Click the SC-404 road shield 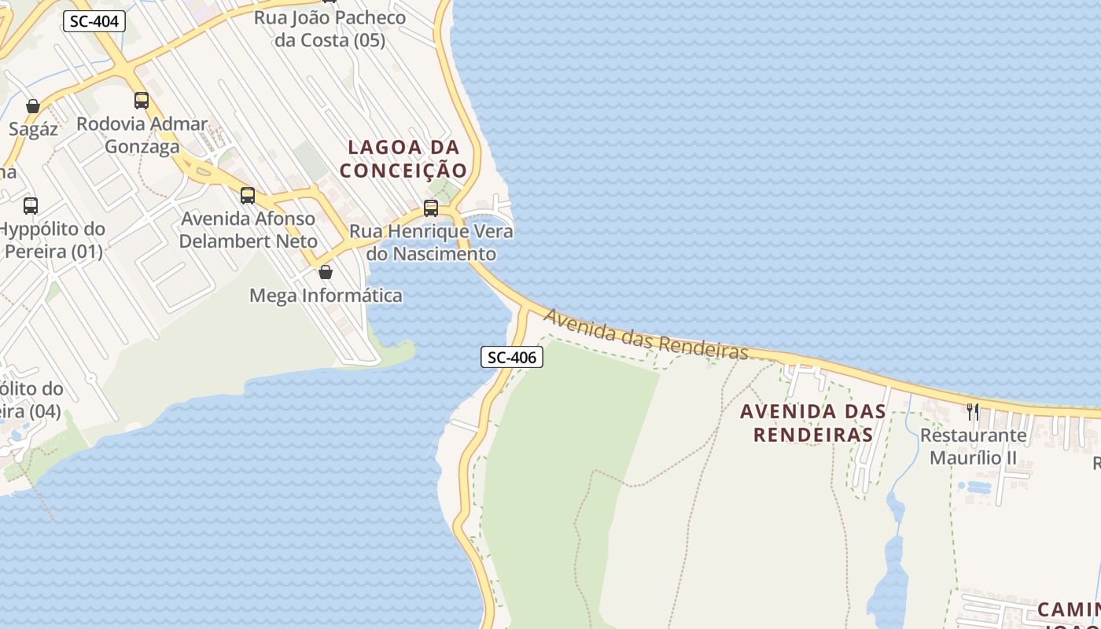pos(94,21)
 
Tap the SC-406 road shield pos(512,358)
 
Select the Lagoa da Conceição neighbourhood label pos(403,159)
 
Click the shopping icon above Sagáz pos(33,106)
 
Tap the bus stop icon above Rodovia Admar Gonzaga pos(142,101)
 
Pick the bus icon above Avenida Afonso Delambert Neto pos(248,196)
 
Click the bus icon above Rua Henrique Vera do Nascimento pos(431,208)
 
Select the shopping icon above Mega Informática pos(326,272)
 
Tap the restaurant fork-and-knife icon pos(973,411)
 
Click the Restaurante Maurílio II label pos(974,447)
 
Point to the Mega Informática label pos(326,296)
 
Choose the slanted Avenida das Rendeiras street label pos(646,334)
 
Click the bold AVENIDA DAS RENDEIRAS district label pos(813,423)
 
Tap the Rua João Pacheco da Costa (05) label pos(330,29)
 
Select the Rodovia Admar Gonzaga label pos(142,135)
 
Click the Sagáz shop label pos(33,129)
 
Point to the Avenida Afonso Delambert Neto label pos(248,230)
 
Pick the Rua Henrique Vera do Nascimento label pos(431,242)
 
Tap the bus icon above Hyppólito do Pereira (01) pos(31,206)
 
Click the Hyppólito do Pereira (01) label pos(52,241)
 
